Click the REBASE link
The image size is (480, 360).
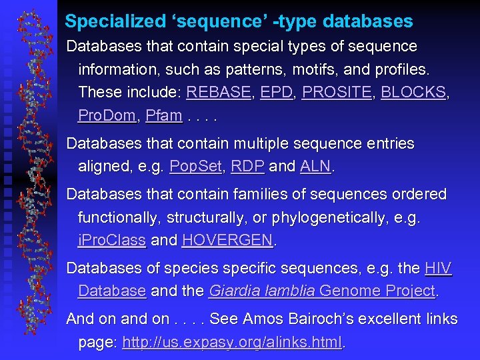[218, 92]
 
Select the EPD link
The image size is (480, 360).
[277, 92]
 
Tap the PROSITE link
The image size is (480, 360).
[336, 92]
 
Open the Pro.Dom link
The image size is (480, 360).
[107, 115]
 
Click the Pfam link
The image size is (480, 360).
[163, 115]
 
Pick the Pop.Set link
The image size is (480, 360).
[195, 166]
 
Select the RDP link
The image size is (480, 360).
[247, 166]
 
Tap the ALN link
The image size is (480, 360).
[315, 166]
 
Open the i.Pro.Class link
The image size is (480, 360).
[111, 240]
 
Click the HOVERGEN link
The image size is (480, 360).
[227, 240]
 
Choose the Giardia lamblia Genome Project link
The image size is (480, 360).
[322, 291]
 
